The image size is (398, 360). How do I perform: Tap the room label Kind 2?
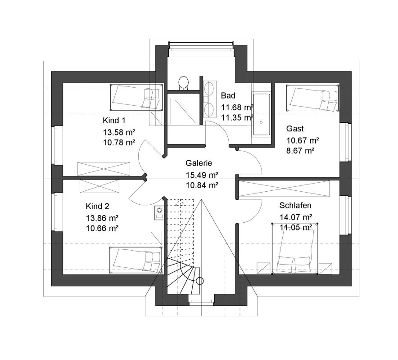click(x=97, y=206)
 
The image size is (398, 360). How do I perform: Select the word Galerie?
click(x=199, y=163)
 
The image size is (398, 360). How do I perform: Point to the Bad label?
click(x=228, y=96)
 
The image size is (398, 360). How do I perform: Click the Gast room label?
click(x=295, y=129)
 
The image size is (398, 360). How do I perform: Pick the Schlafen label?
click(x=295, y=206)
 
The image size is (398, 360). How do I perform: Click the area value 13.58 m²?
click(x=119, y=132)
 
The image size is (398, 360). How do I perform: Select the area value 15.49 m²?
click(x=202, y=175)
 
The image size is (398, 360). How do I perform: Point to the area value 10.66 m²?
click(x=102, y=228)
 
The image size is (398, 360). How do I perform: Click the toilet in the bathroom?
click(x=183, y=83)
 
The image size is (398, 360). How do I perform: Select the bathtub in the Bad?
click(x=261, y=114)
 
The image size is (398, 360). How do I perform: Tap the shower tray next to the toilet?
click(x=183, y=109)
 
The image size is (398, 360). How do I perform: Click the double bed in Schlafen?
click(x=295, y=249)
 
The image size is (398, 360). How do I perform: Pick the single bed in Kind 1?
click(x=136, y=97)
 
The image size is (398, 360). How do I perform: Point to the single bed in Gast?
click(x=313, y=98)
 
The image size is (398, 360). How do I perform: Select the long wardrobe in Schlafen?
click(x=284, y=189)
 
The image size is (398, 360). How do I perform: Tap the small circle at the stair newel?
click(x=200, y=281)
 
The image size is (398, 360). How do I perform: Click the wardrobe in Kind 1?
click(x=104, y=169)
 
